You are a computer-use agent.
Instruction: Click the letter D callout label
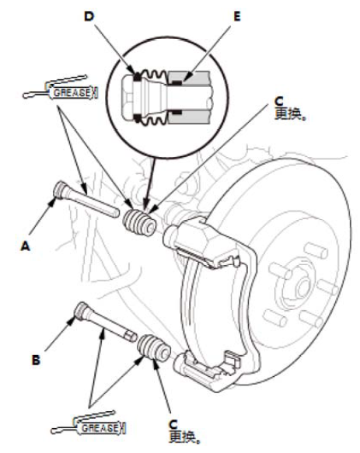point(89,16)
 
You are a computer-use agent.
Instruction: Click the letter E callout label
point(237,16)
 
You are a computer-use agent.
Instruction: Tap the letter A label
point(26,246)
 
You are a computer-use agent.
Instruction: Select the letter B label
point(36,361)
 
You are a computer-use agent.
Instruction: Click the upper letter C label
point(279,102)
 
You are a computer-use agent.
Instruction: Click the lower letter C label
point(173,424)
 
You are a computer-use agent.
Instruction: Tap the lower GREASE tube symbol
point(89,423)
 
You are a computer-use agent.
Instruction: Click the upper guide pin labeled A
point(86,200)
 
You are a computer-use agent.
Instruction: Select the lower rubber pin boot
point(154,347)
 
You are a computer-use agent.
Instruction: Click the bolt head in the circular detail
point(128,96)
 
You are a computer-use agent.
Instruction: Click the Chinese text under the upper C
point(290,113)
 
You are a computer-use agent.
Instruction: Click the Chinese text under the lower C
point(184,437)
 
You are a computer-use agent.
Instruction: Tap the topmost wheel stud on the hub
point(316,250)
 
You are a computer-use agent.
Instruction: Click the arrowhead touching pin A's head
point(52,201)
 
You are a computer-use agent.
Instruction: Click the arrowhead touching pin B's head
point(72,320)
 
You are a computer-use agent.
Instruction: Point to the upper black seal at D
point(137,78)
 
